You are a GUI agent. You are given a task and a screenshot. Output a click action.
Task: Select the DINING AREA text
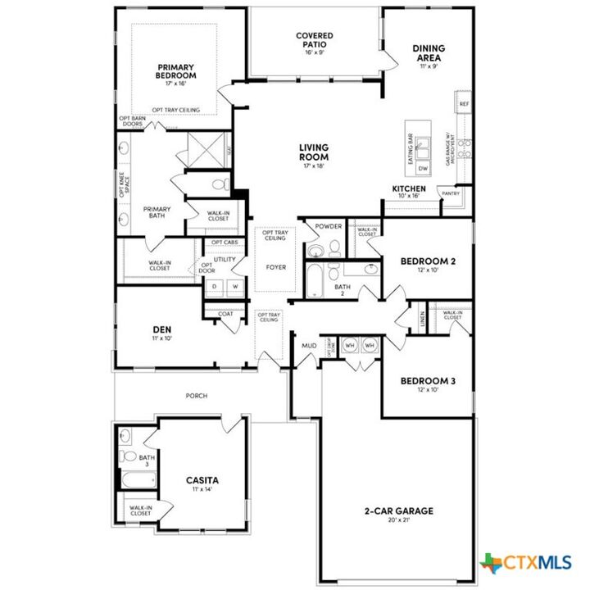(x=429, y=53)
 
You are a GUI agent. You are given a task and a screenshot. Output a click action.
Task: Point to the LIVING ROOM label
(x=313, y=152)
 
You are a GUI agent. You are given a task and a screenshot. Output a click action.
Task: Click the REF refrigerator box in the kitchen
(x=464, y=104)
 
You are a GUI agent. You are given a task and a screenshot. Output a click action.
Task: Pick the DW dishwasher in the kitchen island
(x=423, y=167)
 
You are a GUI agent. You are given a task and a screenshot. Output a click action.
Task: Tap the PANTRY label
(x=451, y=193)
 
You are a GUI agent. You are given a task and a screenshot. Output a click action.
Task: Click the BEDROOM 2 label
(x=427, y=262)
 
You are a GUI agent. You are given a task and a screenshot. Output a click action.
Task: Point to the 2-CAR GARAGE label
(x=399, y=511)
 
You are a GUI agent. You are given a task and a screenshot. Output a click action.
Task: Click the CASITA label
(x=202, y=480)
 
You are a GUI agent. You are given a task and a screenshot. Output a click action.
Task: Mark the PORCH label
(x=196, y=396)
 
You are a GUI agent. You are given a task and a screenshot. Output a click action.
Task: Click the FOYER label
(x=275, y=267)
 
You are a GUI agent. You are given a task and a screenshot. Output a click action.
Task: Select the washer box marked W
(x=234, y=286)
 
